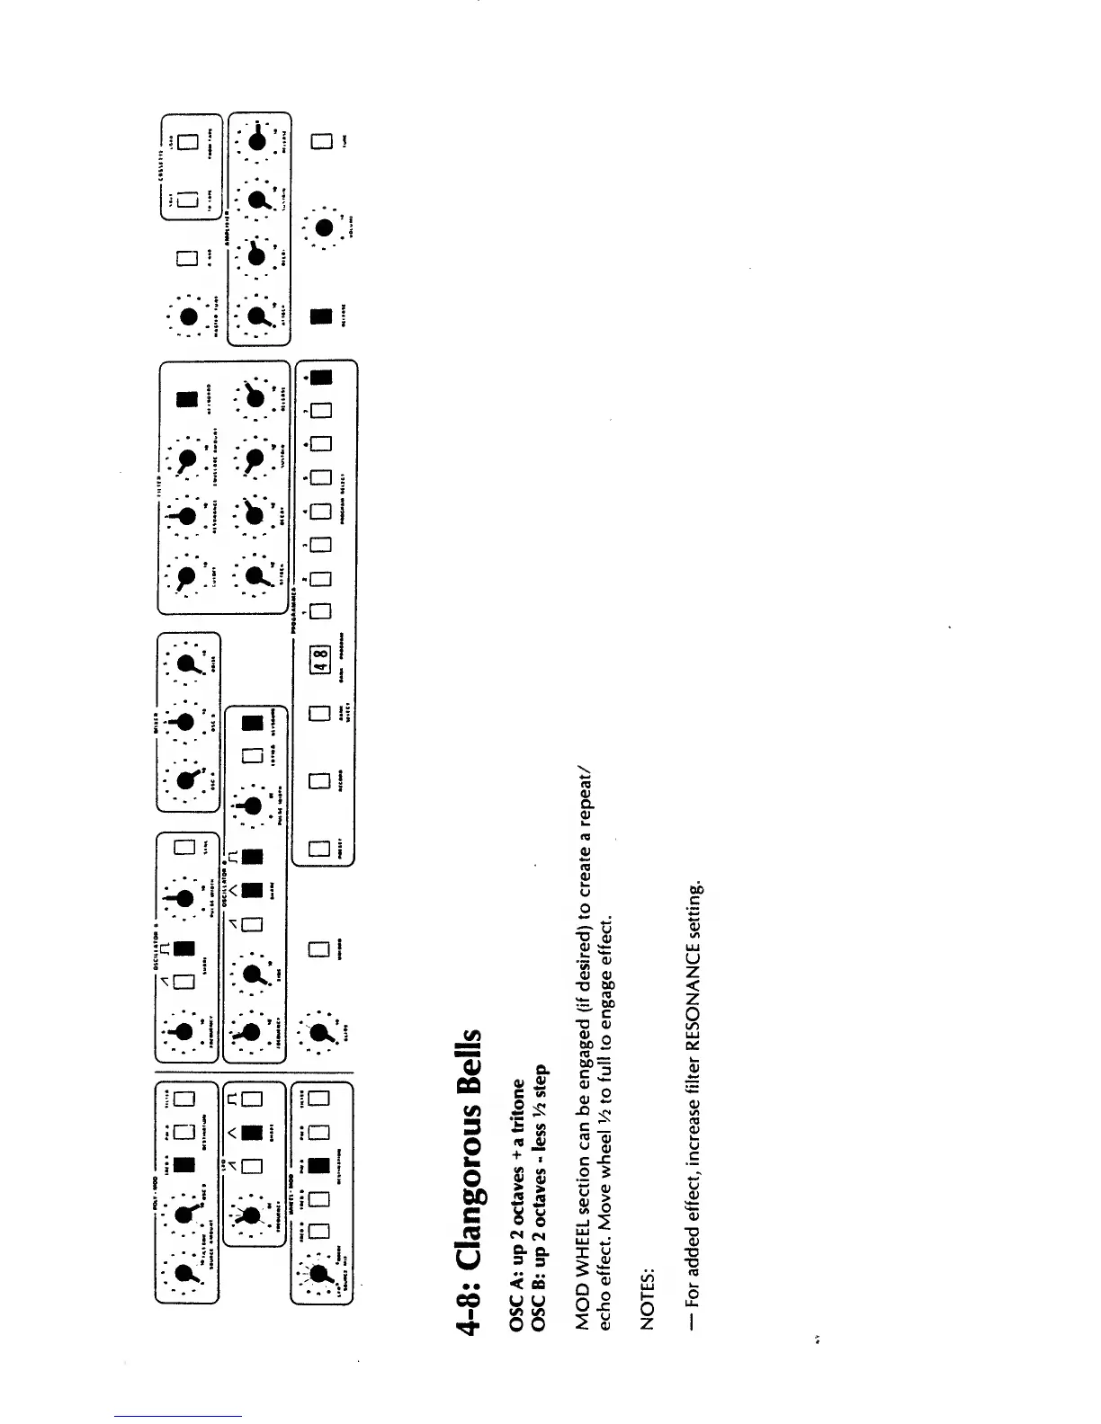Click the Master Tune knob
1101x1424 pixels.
click(x=188, y=316)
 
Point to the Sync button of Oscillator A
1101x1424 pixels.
click(x=186, y=848)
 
